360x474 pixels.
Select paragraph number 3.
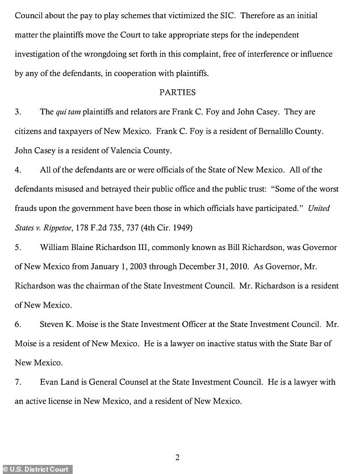coord(18,111)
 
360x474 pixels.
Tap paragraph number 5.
coord(18,247)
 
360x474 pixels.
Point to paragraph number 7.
coord(18,382)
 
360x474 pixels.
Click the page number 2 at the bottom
coord(177,458)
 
